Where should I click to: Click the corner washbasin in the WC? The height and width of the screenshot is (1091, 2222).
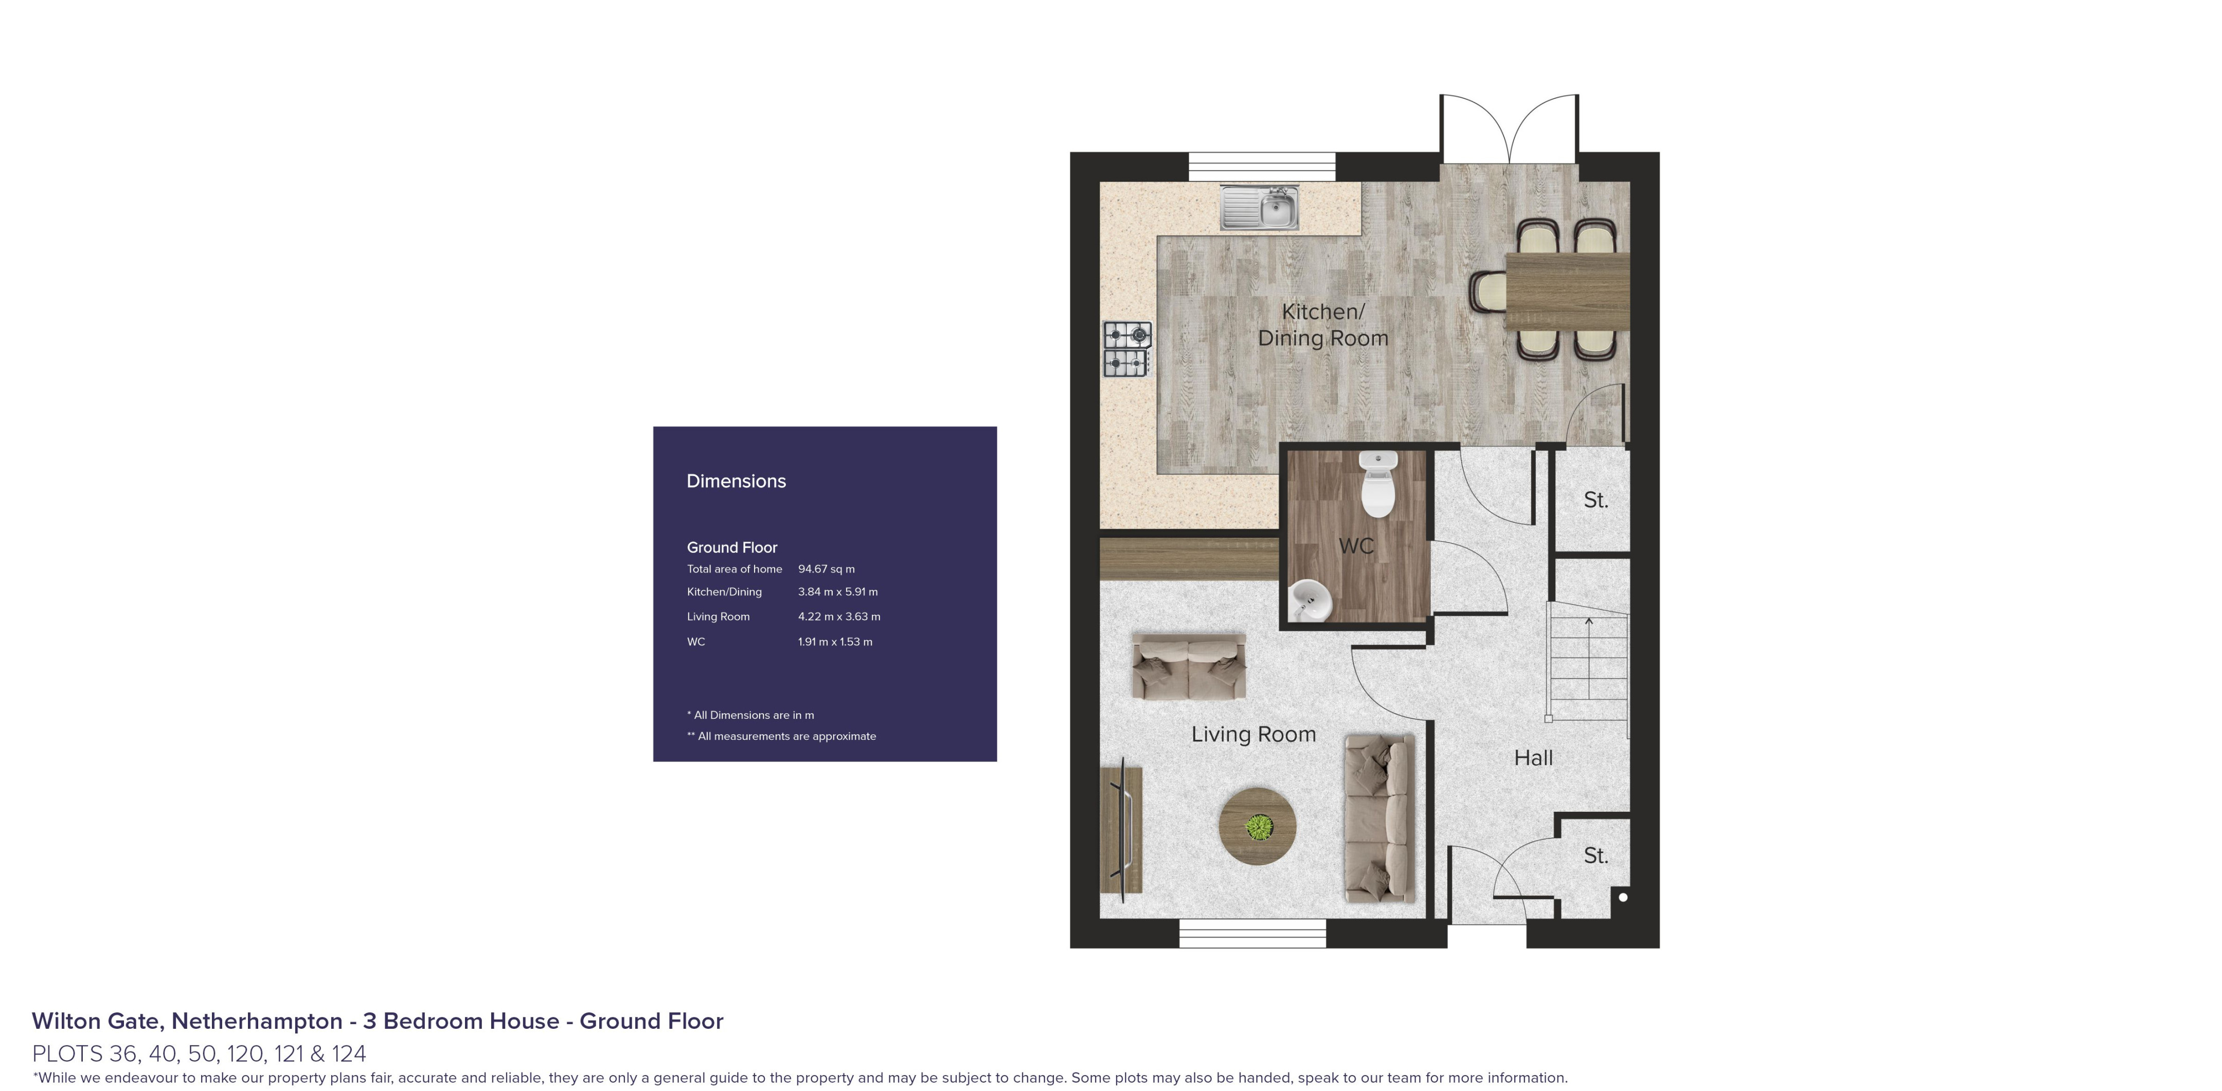tap(1310, 599)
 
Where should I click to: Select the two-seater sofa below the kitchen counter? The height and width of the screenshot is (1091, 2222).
tap(1189, 667)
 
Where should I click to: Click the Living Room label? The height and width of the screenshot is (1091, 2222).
tap(1253, 734)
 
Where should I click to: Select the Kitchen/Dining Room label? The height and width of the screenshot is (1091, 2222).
tap(1322, 325)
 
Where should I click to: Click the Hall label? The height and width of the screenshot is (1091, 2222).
tap(1533, 758)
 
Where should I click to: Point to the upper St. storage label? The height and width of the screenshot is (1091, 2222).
tap(1595, 500)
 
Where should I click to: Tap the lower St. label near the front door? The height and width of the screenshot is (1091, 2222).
tap(1595, 856)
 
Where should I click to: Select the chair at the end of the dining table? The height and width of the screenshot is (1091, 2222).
tap(1488, 290)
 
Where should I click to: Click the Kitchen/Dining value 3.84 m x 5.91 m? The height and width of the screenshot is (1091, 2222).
tap(837, 592)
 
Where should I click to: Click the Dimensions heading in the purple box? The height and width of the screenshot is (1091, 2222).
tap(736, 481)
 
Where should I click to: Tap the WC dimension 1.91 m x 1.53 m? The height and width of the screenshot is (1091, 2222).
tap(835, 642)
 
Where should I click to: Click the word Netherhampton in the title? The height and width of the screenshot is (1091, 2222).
tap(256, 1021)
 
